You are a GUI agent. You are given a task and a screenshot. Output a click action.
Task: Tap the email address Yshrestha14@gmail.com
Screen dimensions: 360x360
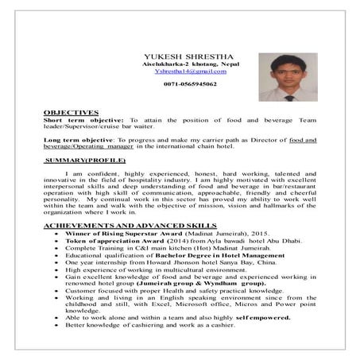179,72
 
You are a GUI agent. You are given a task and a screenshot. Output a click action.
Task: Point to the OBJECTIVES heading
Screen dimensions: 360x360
71,112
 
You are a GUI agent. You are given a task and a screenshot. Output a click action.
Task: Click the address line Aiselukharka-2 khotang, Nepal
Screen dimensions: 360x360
179,63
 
